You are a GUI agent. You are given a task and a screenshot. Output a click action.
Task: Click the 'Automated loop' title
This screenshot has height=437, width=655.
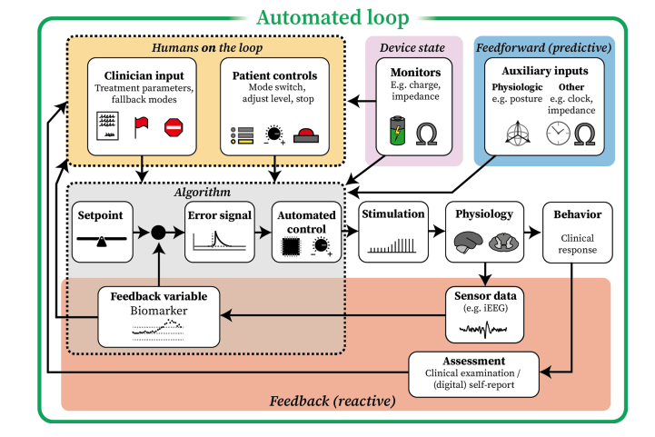click(x=331, y=17)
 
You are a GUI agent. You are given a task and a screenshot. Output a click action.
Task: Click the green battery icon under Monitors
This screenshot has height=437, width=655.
click(x=397, y=133)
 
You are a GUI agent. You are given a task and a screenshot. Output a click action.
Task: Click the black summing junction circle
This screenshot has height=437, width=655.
click(x=158, y=233)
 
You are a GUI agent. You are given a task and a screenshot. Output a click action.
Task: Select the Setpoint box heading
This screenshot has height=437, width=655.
click(x=100, y=214)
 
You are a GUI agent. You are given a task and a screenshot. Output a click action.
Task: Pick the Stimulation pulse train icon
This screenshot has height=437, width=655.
click(x=392, y=243)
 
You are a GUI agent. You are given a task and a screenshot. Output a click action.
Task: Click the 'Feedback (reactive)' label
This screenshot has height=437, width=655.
click(x=331, y=401)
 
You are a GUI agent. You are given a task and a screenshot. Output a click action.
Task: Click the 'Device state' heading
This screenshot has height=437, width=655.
click(x=410, y=48)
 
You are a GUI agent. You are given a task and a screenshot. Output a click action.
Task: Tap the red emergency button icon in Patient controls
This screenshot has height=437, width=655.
click(x=303, y=134)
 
